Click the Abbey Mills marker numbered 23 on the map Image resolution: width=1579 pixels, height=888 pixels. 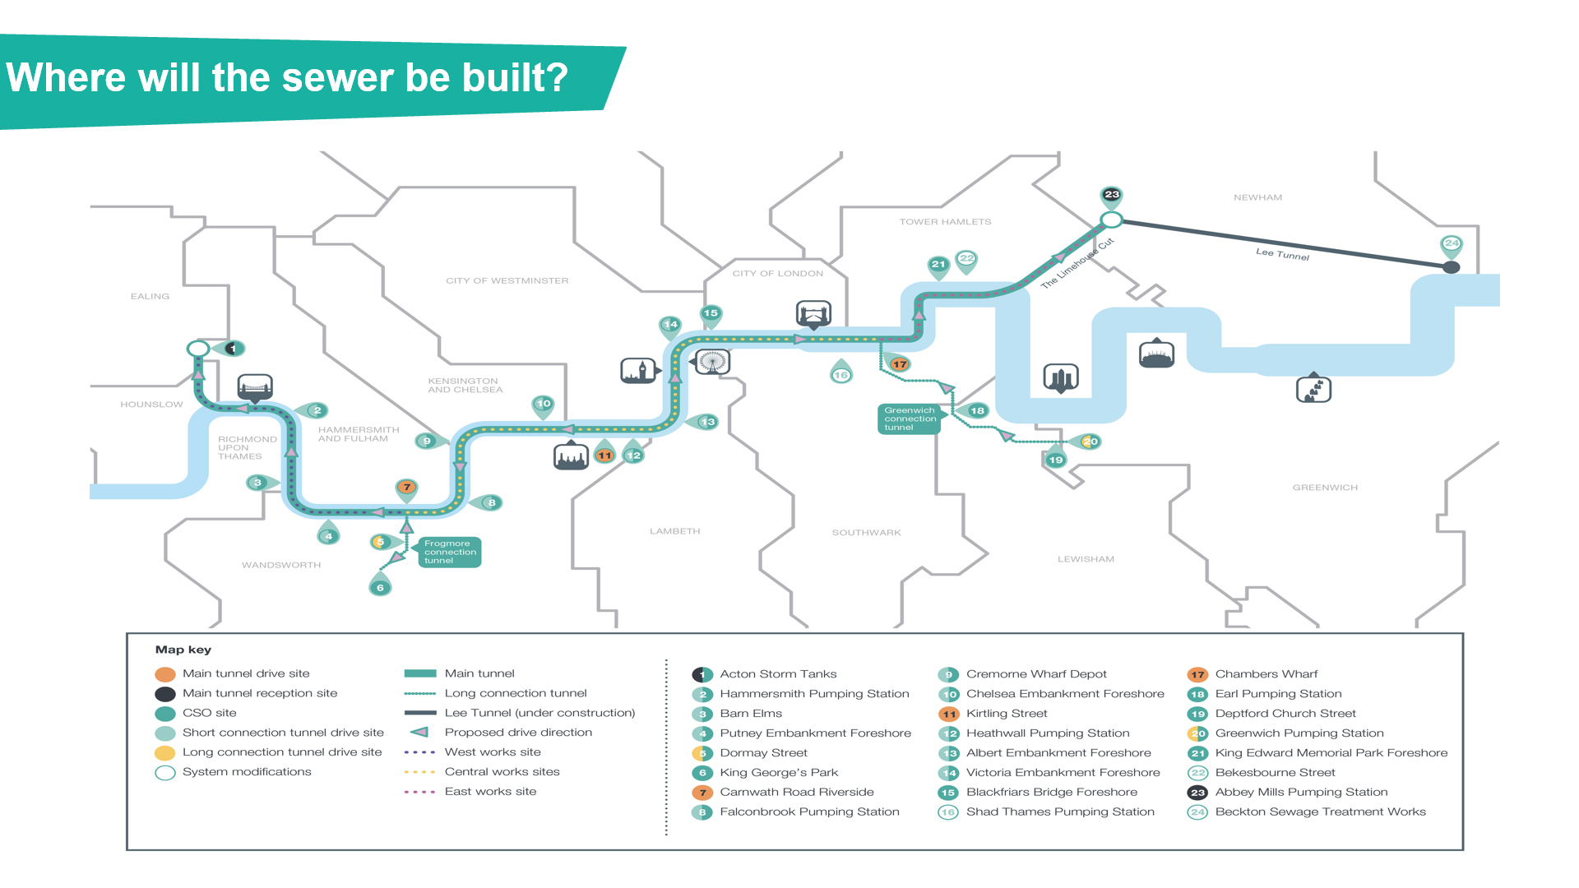point(1111,195)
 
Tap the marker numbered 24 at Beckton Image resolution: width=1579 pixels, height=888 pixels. point(1452,244)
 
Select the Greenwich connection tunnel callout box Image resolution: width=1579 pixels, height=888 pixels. point(909,419)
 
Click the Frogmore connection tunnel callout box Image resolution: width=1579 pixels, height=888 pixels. point(449,552)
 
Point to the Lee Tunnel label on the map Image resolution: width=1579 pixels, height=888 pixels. point(1282,254)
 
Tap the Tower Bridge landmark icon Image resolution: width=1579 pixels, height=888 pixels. point(813,313)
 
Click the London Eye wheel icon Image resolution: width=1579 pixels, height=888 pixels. point(712,361)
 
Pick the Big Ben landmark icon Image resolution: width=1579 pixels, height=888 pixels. point(638,371)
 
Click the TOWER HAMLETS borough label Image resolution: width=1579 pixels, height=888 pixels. point(945,222)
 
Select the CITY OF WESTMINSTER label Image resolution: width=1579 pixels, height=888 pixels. point(507,280)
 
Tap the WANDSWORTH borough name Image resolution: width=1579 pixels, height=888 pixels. point(281,565)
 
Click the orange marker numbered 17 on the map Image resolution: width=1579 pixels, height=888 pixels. point(900,363)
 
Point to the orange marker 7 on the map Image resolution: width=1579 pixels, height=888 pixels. point(406,488)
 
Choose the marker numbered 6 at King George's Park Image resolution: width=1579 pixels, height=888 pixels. point(380,587)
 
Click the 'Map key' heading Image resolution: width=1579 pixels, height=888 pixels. point(183,650)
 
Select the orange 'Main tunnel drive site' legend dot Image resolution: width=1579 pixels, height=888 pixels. point(165,674)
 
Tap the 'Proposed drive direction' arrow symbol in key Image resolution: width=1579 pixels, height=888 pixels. point(419,732)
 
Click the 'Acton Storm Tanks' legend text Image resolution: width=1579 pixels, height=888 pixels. point(778,674)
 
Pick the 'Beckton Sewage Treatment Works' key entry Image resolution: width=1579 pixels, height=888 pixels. point(1320,812)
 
